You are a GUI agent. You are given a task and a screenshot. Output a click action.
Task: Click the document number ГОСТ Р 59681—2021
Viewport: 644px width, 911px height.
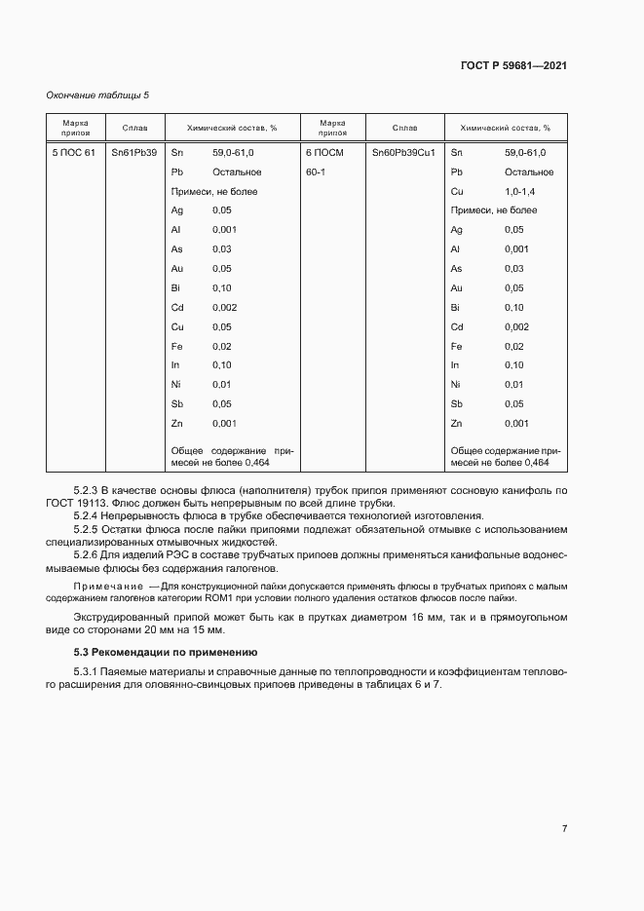(513, 65)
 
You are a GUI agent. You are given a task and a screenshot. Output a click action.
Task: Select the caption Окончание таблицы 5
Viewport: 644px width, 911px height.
(98, 95)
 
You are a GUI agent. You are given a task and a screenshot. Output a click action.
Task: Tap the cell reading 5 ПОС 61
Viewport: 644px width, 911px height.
(73, 153)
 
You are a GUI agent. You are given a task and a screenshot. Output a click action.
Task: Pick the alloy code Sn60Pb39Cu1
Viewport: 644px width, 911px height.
(403, 153)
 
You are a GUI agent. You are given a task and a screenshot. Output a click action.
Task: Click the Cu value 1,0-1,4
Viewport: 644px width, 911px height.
(521, 191)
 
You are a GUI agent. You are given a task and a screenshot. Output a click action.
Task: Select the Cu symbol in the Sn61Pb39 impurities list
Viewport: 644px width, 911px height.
(177, 326)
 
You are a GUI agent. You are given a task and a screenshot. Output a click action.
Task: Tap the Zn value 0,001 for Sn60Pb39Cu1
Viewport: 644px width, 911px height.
(516, 423)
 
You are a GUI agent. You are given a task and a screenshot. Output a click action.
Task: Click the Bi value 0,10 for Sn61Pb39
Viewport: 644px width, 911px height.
(221, 287)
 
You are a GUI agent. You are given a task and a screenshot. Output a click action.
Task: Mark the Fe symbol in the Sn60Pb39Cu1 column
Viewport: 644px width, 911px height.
(456, 346)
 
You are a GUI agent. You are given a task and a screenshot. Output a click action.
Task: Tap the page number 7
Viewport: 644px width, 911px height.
(564, 828)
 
